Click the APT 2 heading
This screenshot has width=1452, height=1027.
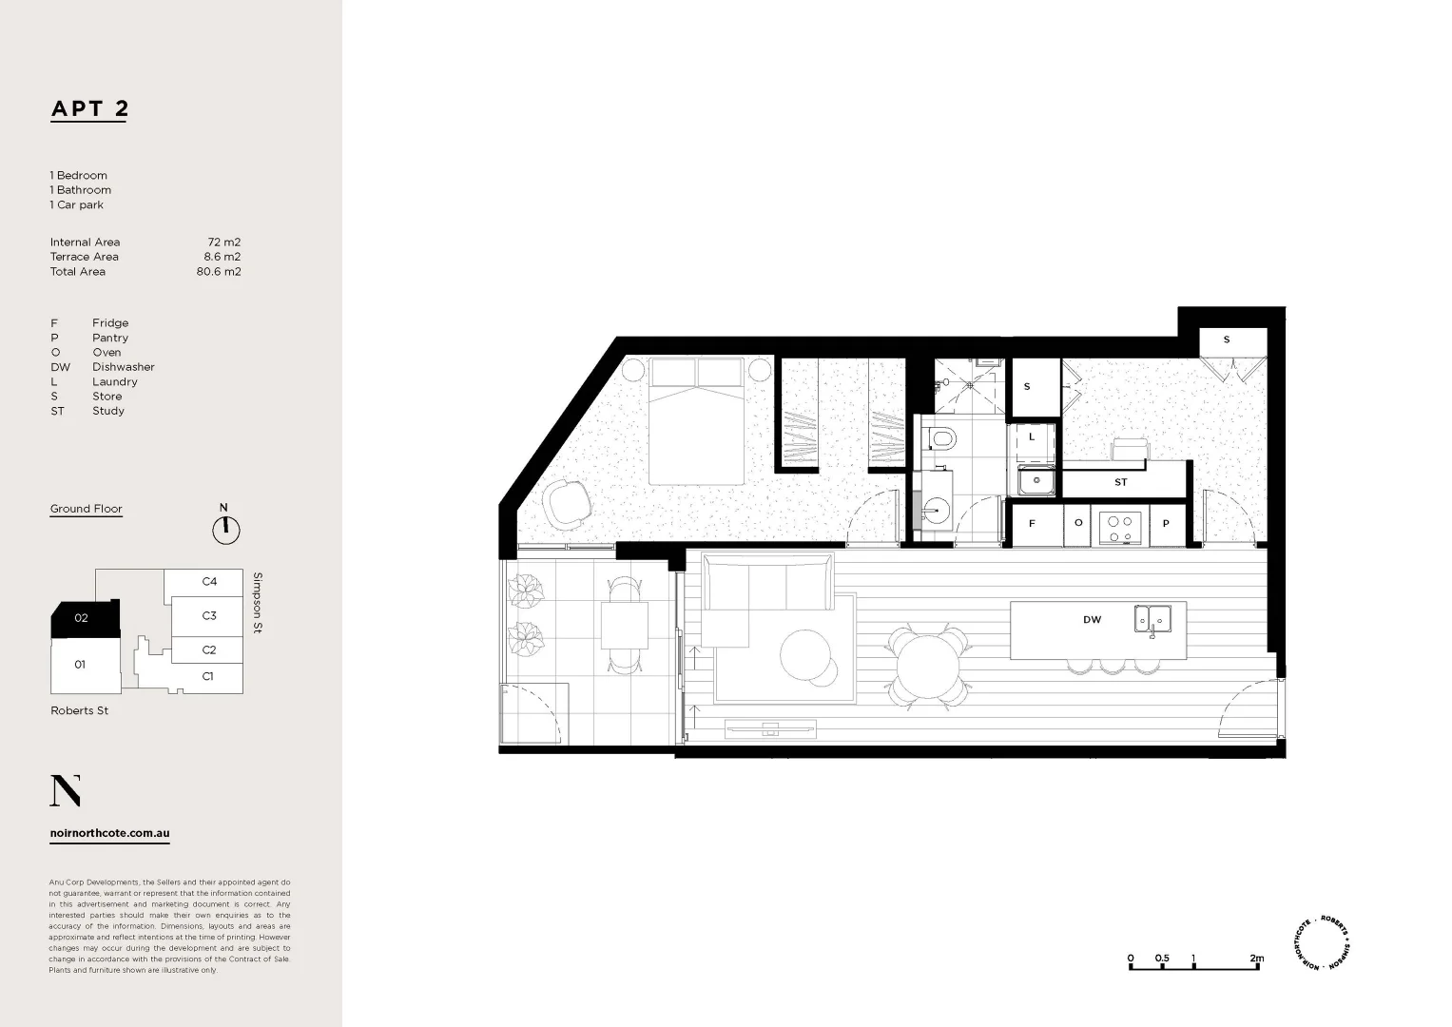pos(89,108)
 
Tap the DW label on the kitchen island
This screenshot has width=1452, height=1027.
pos(1092,620)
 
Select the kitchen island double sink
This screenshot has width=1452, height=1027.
pos(1152,619)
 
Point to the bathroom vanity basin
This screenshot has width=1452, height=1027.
pos(936,514)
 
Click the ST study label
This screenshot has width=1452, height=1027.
pos(1121,483)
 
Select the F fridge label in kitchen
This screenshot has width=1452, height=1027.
pos(1032,524)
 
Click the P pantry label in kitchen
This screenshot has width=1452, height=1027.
pos(1167,524)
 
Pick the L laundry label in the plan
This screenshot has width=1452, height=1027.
pos(1032,437)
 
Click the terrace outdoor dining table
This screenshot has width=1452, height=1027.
pos(624,626)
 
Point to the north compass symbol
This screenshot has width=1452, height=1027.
pos(226,529)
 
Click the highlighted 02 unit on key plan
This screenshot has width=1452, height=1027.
pos(84,619)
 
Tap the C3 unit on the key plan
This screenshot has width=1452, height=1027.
pos(209,616)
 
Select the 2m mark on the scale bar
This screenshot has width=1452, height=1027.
pos(1257,959)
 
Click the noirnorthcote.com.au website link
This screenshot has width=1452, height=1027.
pos(109,833)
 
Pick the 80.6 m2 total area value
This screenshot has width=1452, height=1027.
pos(219,272)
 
